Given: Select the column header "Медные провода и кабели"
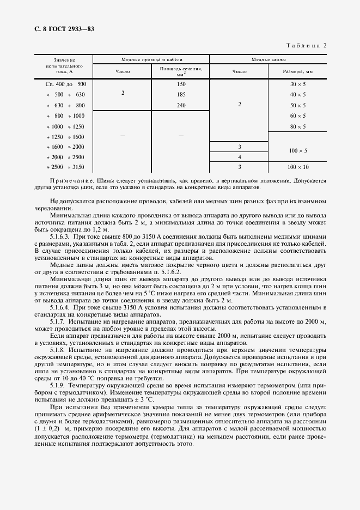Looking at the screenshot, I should (x=151, y=59).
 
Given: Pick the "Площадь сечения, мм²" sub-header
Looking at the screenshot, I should (x=181, y=71).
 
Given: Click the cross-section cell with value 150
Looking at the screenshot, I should (x=181, y=84).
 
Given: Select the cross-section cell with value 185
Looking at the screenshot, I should (x=181, y=95).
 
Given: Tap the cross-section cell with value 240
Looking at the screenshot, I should (x=181, y=105).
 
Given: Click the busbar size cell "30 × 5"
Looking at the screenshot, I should (x=298, y=84).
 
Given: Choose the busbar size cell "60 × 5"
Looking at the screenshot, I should (x=298, y=116).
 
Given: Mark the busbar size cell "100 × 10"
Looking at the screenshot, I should (x=298, y=167).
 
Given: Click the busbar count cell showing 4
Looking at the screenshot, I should (x=240, y=157).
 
